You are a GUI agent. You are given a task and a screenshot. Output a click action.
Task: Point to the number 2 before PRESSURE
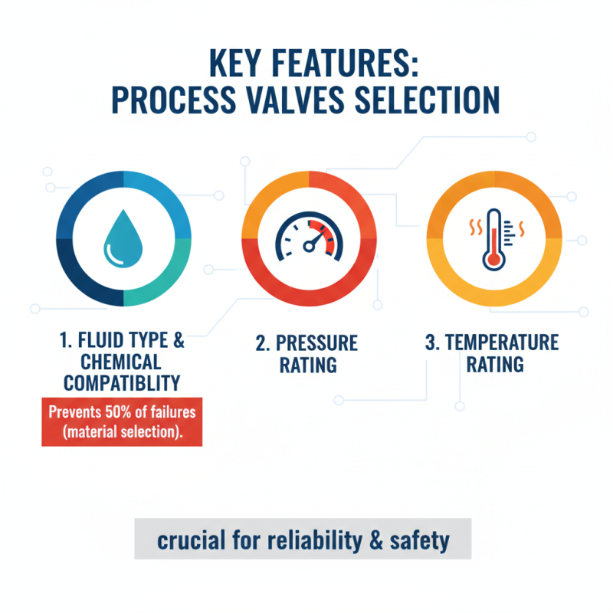tap(261, 342)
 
